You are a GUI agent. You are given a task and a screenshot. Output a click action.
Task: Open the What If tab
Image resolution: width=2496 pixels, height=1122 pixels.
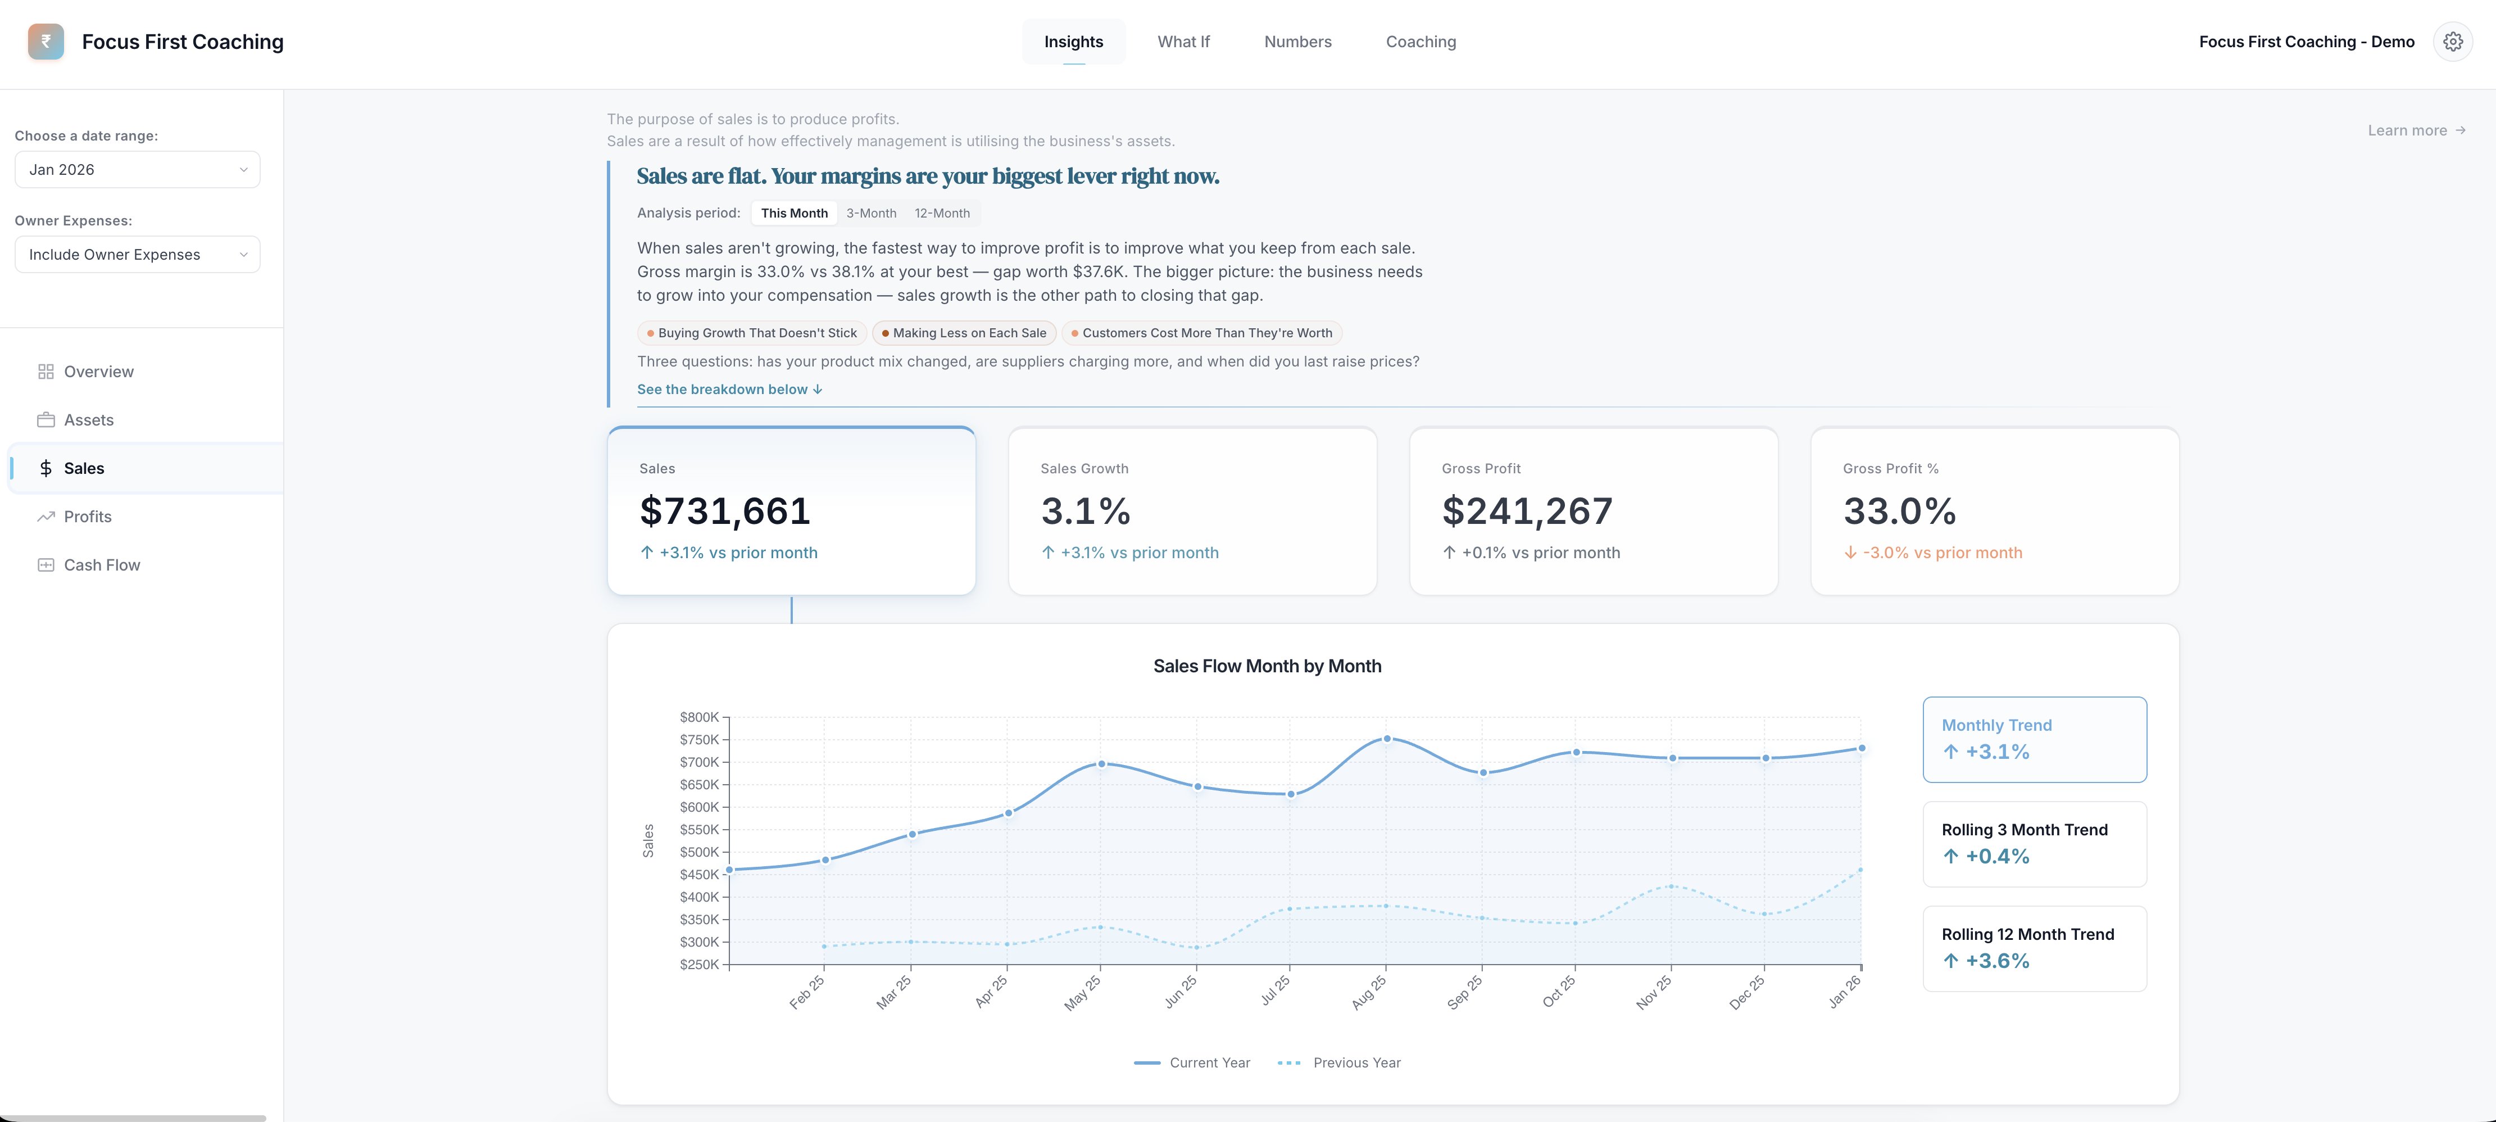[x=1183, y=42]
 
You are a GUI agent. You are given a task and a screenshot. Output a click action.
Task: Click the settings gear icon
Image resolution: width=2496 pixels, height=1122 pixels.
[x=2452, y=42]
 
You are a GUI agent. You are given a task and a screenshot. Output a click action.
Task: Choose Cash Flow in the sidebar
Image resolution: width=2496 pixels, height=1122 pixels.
[x=102, y=565]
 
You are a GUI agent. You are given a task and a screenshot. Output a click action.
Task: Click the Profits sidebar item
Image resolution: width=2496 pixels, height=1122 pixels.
[x=87, y=517]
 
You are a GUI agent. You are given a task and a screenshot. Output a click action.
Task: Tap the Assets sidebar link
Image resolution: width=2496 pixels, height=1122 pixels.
[x=88, y=419]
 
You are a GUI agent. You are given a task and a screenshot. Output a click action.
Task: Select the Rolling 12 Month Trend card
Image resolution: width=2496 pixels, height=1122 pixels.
[x=2034, y=948]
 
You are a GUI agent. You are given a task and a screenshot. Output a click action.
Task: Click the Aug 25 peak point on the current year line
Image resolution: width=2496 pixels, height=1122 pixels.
[x=1387, y=738]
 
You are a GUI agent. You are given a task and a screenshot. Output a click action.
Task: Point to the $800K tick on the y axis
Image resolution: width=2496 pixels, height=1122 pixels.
[x=698, y=717]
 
